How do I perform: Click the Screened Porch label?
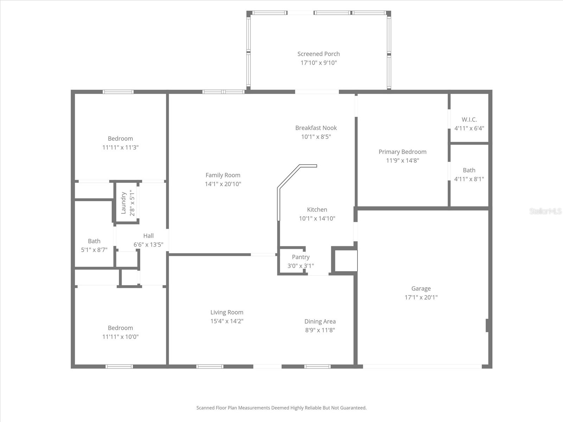click(318, 54)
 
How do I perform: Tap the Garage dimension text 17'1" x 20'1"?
click(421, 297)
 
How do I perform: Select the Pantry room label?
click(301, 257)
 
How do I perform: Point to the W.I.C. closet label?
click(469, 120)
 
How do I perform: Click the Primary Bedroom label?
click(402, 152)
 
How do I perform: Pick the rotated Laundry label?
click(124, 203)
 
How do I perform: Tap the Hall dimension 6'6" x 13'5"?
click(148, 244)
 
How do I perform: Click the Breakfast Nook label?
click(316, 128)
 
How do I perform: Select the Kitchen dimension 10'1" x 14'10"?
click(317, 218)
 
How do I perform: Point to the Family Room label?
click(223, 175)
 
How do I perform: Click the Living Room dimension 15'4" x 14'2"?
click(227, 321)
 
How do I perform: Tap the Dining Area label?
click(320, 321)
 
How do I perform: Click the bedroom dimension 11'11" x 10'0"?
click(120, 337)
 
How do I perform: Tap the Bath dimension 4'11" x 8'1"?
click(469, 179)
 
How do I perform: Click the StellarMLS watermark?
click(545, 211)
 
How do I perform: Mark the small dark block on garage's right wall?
click(487, 325)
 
